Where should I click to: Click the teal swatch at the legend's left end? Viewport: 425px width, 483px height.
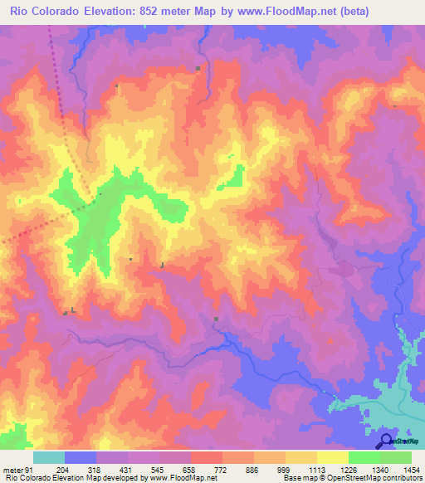point(48,457)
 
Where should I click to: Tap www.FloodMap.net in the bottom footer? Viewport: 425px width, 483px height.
point(177,478)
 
